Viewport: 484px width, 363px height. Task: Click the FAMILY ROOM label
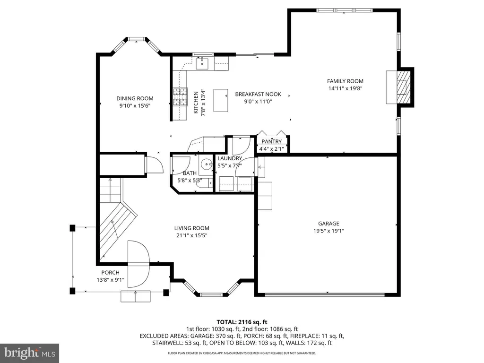coord(345,81)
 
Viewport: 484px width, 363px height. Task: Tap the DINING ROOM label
coord(135,98)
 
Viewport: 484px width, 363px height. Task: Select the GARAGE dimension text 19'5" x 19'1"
coord(329,231)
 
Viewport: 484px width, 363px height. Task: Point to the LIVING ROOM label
coord(192,228)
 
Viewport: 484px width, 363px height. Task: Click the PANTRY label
coord(272,141)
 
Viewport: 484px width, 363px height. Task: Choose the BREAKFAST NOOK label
coord(258,94)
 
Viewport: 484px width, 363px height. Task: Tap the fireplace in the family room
coord(399,87)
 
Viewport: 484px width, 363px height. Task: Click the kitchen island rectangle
coord(221,100)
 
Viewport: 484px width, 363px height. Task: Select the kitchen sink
coord(202,63)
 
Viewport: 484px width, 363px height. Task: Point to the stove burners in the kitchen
coord(180,97)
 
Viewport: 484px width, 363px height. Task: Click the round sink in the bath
coord(206,164)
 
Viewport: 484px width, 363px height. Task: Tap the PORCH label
coord(110,273)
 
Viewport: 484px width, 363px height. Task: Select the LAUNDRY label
coord(230,158)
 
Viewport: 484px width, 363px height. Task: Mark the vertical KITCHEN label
coord(196,103)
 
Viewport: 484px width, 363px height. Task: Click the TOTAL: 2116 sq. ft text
coord(242,322)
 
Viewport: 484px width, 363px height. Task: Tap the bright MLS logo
coord(30,353)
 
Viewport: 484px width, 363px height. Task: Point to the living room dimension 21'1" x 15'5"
coord(192,235)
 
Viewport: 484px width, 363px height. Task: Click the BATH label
coord(190,173)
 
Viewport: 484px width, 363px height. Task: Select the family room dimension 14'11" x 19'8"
coord(345,88)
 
